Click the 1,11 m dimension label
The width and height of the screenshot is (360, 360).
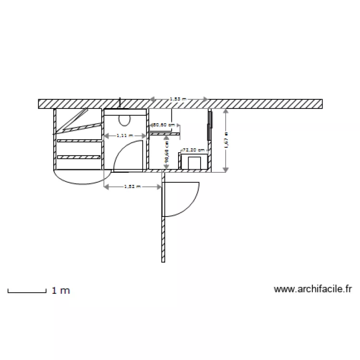(x=125, y=136)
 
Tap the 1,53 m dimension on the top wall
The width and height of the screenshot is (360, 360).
(x=178, y=99)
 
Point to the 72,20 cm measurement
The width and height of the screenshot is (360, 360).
(x=194, y=150)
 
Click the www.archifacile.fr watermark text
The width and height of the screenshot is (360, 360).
(x=313, y=289)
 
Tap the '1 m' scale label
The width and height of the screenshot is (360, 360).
(x=61, y=290)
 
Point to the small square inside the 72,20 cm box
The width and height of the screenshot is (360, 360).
(x=194, y=163)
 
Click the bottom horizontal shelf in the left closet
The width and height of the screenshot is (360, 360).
(x=79, y=157)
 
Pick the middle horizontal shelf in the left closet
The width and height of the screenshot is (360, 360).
(x=79, y=140)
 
